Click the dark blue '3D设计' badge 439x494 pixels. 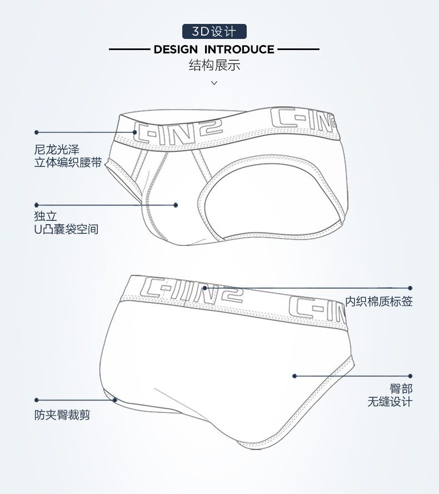pos(214,31)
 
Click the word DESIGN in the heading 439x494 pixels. pos(175,50)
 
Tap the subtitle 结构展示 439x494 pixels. pos(214,66)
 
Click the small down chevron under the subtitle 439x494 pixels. pos(214,83)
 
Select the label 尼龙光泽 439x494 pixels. pos(57,150)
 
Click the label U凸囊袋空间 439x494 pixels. pos(66,229)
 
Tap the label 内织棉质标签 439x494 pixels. pos(379,302)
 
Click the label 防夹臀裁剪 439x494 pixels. pos(62,414)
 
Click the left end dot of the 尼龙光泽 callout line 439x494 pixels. pos(37,132)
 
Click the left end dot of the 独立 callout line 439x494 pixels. pos(37,205)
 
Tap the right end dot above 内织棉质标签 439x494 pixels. pos(410,288)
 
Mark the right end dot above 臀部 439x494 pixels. pos(410,376)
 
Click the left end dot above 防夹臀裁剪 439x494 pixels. pos(37,399)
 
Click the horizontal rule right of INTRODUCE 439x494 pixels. pos(298,50)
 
